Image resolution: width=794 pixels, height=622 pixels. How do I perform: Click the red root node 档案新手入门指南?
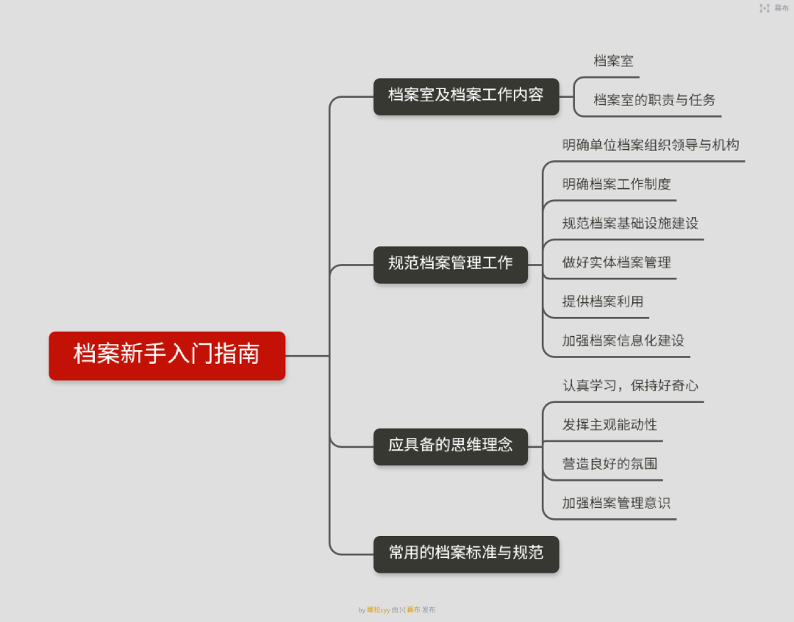(x=167, y=356)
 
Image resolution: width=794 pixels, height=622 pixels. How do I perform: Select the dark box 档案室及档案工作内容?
(x=466, y=96)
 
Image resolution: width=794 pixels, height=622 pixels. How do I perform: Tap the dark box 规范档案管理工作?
(x=451, y=265)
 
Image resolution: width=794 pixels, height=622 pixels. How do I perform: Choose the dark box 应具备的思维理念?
(x=451, y=447)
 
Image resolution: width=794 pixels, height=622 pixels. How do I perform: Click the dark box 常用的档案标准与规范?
(x=466, y=554)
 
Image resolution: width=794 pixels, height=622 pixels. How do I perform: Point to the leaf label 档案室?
(x=613, y=61)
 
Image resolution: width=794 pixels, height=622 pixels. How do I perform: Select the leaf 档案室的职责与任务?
(x=654, y=100)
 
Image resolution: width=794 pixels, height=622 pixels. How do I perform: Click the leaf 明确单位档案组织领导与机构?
(x=651, y=145)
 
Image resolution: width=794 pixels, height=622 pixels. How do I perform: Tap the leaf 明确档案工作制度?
(x=616, y=184)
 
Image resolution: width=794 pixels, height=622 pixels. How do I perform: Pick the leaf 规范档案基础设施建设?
(x=630, y=223)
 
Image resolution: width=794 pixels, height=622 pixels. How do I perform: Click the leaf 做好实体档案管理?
(x=616, y=262)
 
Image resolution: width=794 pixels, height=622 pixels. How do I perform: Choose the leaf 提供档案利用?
(x=603, y=301)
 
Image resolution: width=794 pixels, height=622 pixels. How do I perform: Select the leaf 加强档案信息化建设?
(x=623, y=340)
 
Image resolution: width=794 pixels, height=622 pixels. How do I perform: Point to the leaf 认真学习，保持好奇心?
(x=630, y=385)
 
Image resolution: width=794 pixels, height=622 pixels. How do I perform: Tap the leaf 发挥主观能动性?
(x=609, y=424)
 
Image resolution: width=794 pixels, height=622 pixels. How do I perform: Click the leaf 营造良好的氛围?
(x=609, y=463)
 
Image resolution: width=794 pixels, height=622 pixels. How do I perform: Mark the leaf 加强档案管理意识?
(x=616, y=503)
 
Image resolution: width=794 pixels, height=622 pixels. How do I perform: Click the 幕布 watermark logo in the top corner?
(x=773, y=8)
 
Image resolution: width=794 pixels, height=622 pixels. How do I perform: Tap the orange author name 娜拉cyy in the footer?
(x=379, y=610)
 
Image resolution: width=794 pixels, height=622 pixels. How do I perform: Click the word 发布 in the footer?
(x=429, y=610)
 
